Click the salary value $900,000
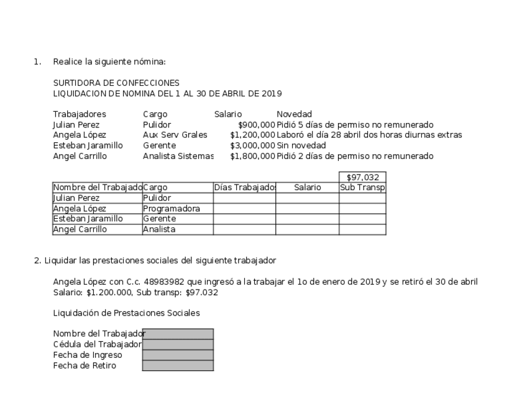(256, 125)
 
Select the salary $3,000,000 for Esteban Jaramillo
(252, 145)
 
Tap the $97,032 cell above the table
(362, 178)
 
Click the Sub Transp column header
(362, 188)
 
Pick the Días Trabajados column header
(244, 188)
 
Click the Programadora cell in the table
(172, 209)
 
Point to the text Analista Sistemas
(178, 156)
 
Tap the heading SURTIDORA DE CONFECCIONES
(116, 83)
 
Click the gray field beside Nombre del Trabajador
(178, 334)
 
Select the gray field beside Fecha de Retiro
(178, 366)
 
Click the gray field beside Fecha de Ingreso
(178, 355)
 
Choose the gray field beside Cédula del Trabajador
(178, 345)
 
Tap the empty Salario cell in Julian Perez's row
(307, 198)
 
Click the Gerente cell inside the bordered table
(160, 219)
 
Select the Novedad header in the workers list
(294, 114)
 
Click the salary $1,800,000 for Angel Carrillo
(252, 156)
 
